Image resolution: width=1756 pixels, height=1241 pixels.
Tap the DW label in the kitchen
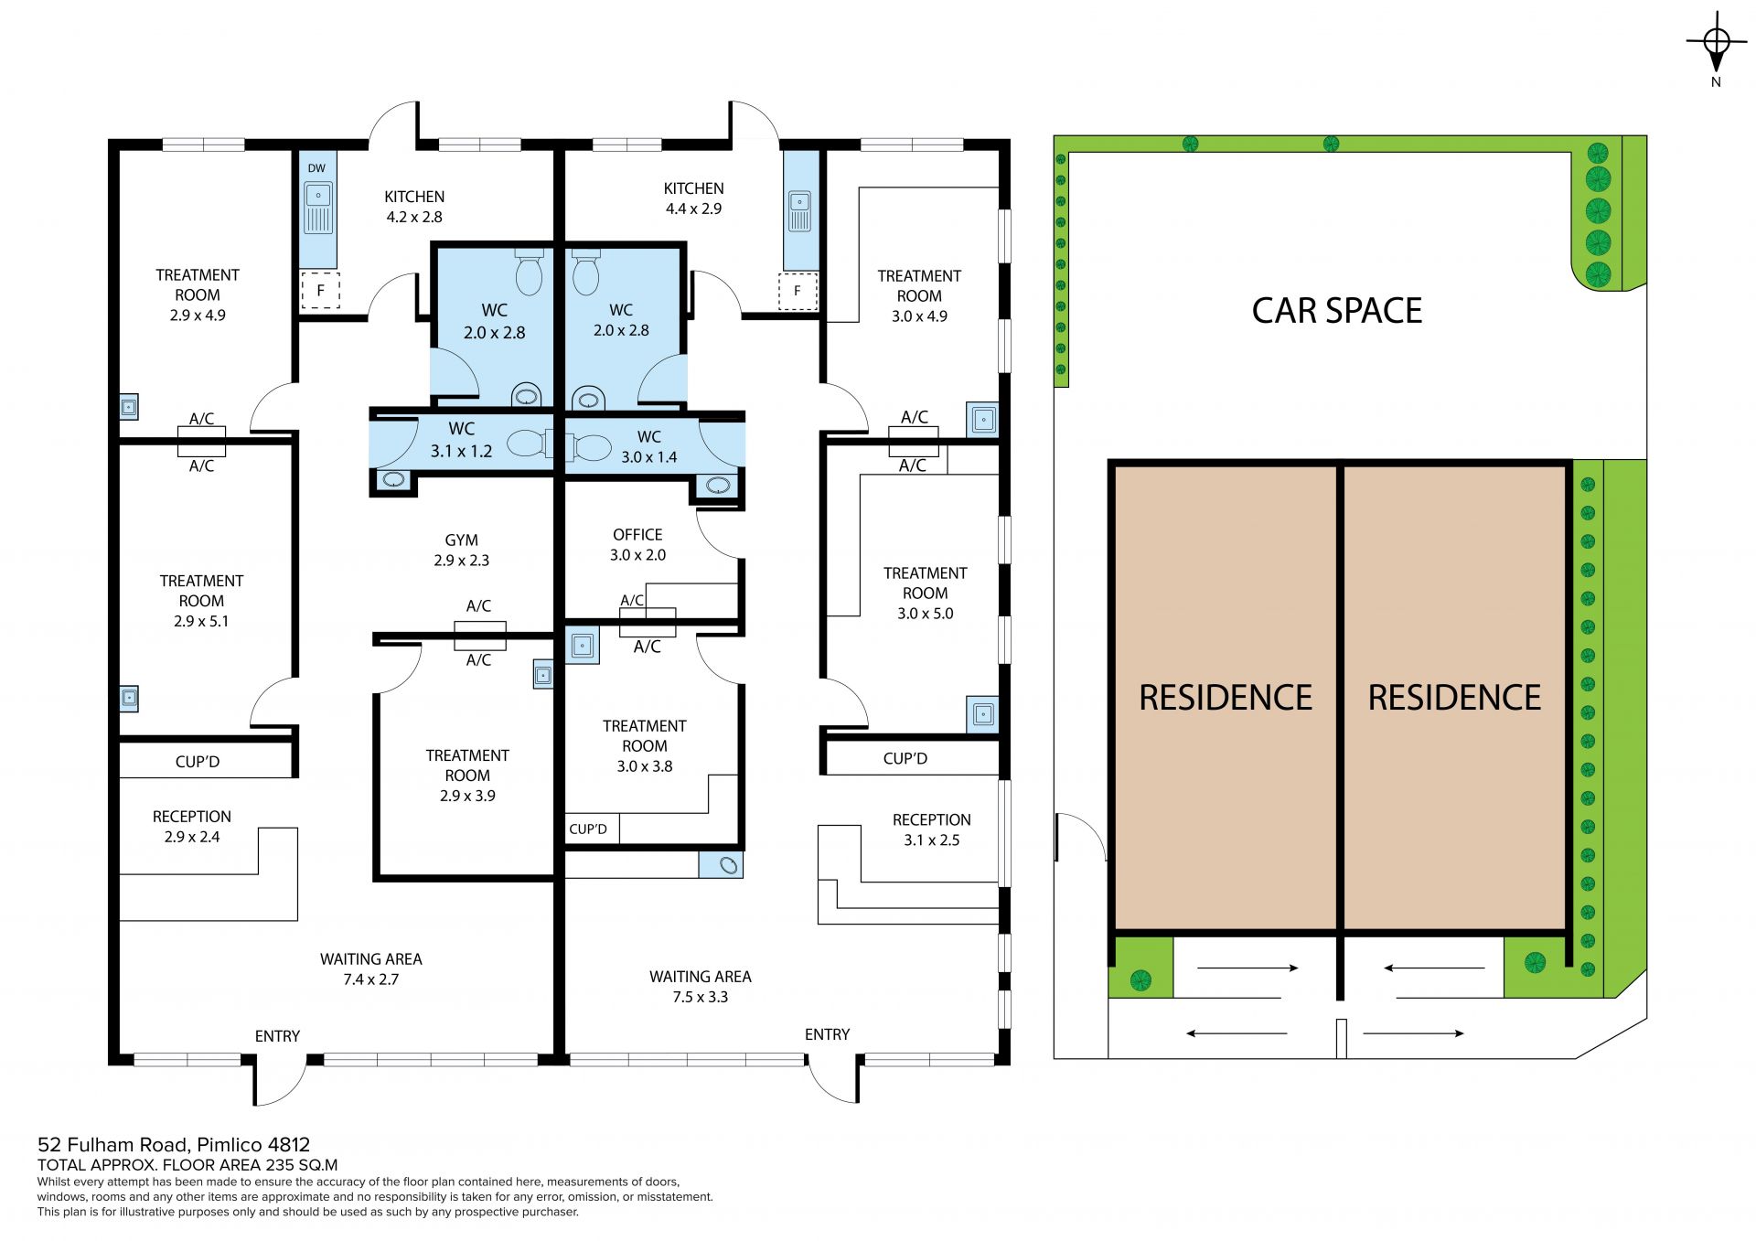tap(316, 168)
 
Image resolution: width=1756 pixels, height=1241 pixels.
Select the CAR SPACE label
tap(1336, 311)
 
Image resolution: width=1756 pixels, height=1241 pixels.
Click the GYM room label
tap(462, 540)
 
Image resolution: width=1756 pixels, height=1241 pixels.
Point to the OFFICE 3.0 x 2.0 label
tap(637, 545)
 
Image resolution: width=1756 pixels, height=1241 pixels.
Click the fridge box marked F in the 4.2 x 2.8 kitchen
tap(320, 291)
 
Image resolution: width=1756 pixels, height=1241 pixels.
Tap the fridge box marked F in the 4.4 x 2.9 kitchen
tap(798, 291)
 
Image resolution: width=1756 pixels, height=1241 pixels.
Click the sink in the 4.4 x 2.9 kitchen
tap(799, 211)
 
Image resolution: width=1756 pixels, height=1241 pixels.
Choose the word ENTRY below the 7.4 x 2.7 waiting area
tap(277, 1036)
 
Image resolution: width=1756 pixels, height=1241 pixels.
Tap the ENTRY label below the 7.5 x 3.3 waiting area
tap(827, 1034)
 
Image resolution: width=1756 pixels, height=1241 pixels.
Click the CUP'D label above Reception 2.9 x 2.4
tap(198, 762)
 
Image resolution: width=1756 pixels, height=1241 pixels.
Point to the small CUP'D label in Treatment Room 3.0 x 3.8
tap(588, 829)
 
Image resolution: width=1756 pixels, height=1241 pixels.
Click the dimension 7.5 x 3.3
tap(701, 997)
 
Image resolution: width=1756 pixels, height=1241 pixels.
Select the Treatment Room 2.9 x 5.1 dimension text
tap(201, 621)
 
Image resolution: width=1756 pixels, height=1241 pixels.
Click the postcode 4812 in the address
tap(288, 1144)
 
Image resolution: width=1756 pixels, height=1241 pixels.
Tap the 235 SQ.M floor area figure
tap(302, 1165)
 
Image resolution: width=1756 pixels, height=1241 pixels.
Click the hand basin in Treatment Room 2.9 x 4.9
tap(129, 406)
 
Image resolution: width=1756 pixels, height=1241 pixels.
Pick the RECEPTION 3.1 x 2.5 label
tap(932, 830)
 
